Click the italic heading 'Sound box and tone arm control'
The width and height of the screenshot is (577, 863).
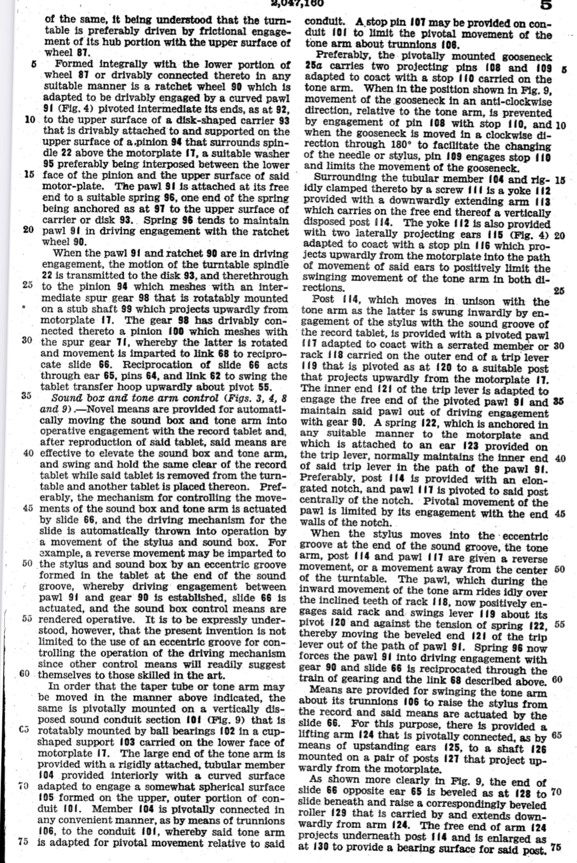tap(133, 398)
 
